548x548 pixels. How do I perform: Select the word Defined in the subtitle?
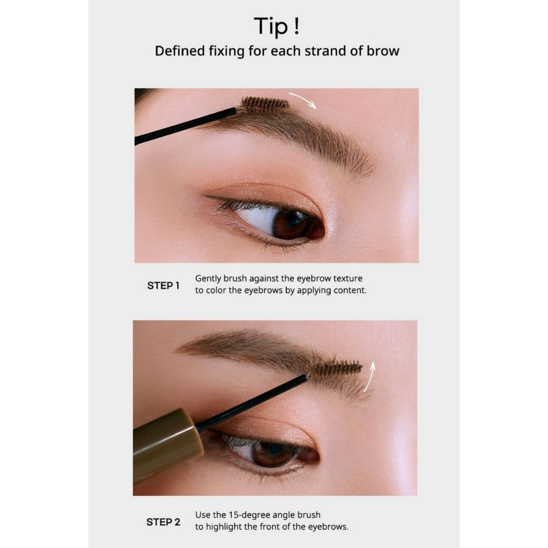pyautogui.click(x=179, y=51)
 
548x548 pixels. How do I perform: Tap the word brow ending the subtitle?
pyautogui.click(x=384, y=51)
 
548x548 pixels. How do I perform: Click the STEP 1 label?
pyautogui.click(x=163, y=285)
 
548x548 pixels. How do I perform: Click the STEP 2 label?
pyautogui.click(x=163, y=522)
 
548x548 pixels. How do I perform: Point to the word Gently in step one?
pyautogui.click(x=209, y=279)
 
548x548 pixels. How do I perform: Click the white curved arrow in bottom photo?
pyautogui.click(x=370, y=380)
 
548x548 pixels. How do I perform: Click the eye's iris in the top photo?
pyautogui.click(x=286, y=223)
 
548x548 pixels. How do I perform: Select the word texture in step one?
pyautogui.click(x=348, y=279)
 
